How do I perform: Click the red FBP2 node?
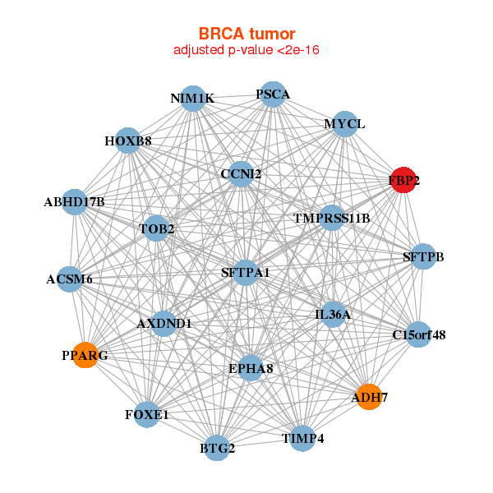tap(403, 181)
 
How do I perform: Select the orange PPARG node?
tap(85, 355)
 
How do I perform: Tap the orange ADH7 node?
tap(369, 397)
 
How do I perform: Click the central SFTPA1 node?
tap(246, 272)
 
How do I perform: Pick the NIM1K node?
tap(192, 99)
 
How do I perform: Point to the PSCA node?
tap(273, 94)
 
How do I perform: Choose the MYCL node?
tap(345, 124)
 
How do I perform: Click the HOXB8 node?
tap(127, 141)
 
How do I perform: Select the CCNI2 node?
tap(241, 174)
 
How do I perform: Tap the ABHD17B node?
tap(74, 201)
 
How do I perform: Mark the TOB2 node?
tap(157, 228)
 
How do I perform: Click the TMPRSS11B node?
tap(332, 219)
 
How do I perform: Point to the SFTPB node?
tap(423, 257)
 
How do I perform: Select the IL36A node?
tap(333, 315)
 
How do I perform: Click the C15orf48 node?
tap(419, 334)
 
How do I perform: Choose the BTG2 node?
tap(218, 448)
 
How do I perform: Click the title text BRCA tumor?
tap(246, 34)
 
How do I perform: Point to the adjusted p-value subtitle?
tap(246, 50)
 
